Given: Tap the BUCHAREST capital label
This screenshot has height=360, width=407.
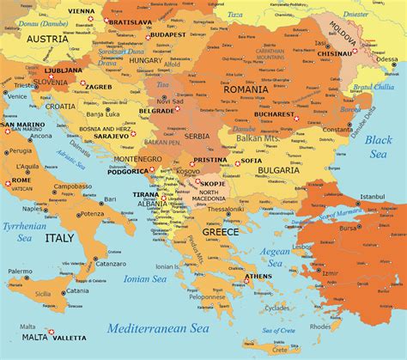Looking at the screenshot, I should pos(272,113).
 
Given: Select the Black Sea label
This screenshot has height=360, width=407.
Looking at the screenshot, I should pos(378,146).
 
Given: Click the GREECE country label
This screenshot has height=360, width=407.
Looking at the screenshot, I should pos(221,232).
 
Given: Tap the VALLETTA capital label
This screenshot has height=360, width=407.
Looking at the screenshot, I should pos(70,339).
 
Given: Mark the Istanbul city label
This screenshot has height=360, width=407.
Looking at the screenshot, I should pos(374,197).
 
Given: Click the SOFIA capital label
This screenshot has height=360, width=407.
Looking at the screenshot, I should pos(252,161).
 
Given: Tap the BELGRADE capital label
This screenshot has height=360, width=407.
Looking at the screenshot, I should pos(157,111).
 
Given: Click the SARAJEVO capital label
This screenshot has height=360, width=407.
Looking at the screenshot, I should pos(112,135).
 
